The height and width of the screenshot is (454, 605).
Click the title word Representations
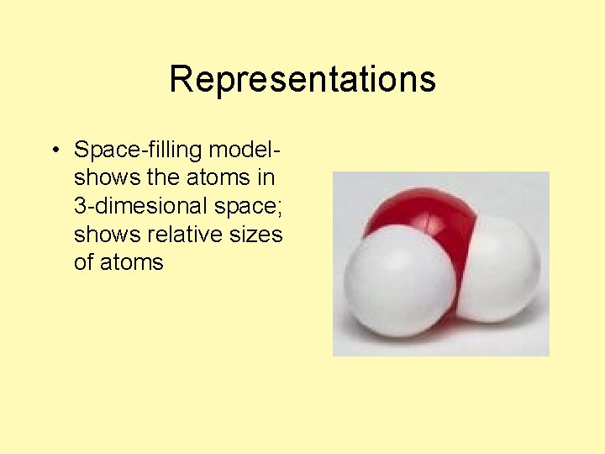tap(302, 80)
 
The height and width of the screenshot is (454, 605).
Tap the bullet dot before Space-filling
tap(54, 151)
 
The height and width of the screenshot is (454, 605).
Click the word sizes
tap(256, 235)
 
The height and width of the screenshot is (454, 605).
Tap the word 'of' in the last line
tap(84, 262)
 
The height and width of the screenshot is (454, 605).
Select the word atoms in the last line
tap(132, 262)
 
